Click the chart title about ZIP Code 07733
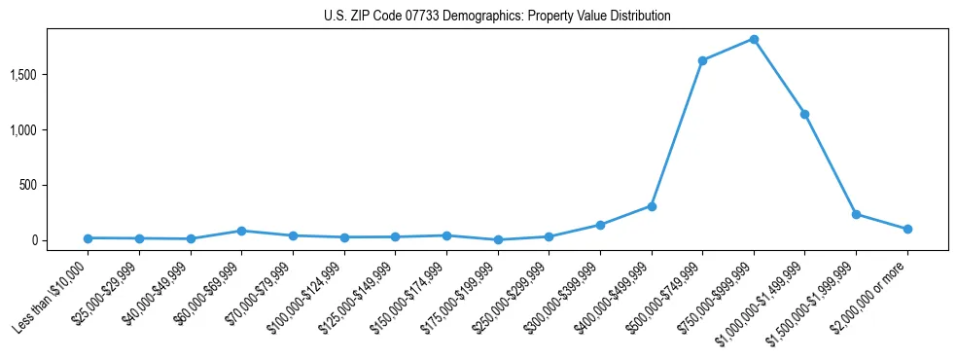click(x=497, y=17)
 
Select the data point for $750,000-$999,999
click(x=754, y=39)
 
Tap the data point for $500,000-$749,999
click(x=702, y=60)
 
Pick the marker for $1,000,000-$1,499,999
click(x=804, y=114)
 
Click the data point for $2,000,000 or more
click(x=907, y=229)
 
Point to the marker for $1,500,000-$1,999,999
click(x=856, y=214)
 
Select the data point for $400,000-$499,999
click(x=652, y=206)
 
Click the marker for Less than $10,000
click(x=89, y=238)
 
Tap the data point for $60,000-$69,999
click(x=241, y=231)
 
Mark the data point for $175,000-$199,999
click(x=498, y=239)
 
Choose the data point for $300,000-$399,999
click(x=600, y=225)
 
